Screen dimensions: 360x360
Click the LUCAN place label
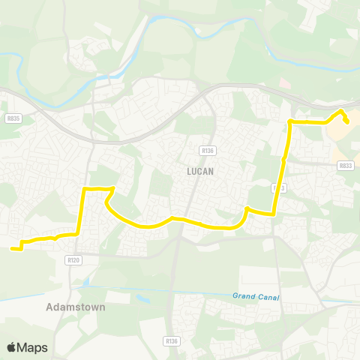(200, 171)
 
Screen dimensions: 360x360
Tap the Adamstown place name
(76, 307)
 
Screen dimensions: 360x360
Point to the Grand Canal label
(255, 297)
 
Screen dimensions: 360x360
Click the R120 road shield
(72, 259)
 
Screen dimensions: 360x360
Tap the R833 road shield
(344, 166)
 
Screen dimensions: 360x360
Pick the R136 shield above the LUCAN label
(208, 150)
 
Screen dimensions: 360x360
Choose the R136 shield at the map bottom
(172, 340)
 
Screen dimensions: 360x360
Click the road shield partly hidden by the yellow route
(279, 187)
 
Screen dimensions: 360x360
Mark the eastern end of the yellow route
(347, 122)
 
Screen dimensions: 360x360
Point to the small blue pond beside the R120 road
(88, 281)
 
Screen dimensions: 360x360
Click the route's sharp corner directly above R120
(78, 233)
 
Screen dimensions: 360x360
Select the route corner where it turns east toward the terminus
(290, 121)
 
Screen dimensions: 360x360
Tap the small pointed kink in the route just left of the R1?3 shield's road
(247, 208)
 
